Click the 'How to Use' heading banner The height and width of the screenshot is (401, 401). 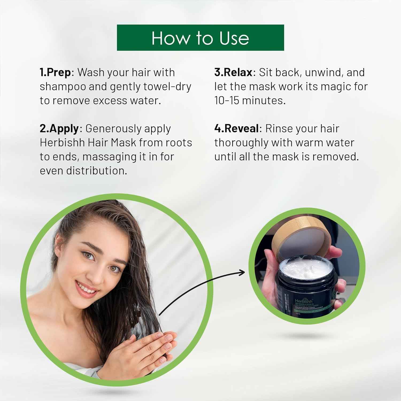click(x=200, y=38)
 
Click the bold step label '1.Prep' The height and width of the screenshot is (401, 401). click(x=55, y=72)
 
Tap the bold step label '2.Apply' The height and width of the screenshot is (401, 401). click(x=59, y=129)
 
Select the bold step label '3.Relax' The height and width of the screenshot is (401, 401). click(x=233, y=72)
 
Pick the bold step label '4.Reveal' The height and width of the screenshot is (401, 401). click(x=237, y=129)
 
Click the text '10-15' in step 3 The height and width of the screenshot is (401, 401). click(x=227, y=101)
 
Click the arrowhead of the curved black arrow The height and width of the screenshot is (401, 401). click(x=242, y=273)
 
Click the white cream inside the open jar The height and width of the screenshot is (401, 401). click(x=306, y=267)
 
